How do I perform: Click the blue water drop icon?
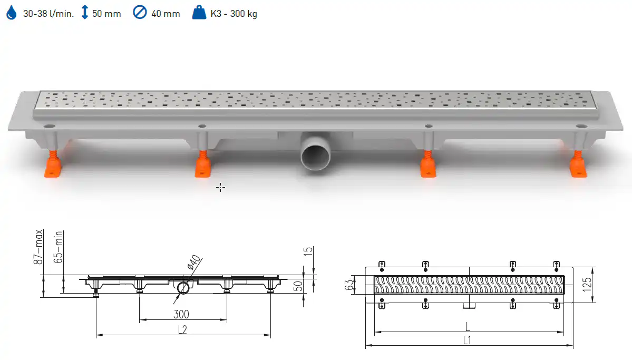[x=12, y=13]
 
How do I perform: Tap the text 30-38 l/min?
[x=48, y=14]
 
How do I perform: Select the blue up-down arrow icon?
[x=85, y=12]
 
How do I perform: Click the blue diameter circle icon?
[x=140, y=13]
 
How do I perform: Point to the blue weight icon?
[x=199, y=13]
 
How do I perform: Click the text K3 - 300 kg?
[x=234, y=14]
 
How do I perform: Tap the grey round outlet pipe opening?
[x=316, y=155]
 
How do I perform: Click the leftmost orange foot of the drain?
[x=53, y=164]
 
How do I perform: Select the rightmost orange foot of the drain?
[x=578, y=164]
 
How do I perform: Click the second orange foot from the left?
[x=202, y=164]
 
